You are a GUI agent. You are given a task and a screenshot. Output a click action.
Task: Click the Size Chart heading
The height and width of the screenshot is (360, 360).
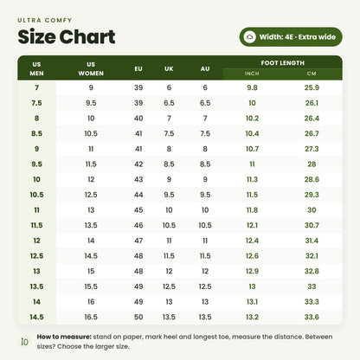67,37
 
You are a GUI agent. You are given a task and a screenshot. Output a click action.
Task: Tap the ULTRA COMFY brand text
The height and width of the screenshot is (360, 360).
45,20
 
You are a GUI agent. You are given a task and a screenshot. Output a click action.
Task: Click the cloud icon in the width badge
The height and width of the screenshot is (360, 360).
249,37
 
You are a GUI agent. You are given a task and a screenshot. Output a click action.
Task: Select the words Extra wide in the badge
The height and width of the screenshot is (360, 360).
317,37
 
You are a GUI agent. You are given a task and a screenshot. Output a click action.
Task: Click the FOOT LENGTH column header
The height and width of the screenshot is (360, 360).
283,63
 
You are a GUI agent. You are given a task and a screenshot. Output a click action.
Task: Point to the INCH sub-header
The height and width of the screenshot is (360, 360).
252,74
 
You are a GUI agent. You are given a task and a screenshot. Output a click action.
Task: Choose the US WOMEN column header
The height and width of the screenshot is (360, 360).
91,68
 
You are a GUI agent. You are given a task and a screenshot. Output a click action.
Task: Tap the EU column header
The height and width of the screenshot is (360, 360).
138,69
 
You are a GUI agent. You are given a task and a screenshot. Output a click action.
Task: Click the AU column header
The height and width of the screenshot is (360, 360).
205,69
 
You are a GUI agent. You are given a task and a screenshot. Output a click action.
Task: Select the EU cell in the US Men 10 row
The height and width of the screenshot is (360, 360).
138,179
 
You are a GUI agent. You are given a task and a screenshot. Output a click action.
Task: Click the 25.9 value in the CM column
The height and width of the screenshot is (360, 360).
312,87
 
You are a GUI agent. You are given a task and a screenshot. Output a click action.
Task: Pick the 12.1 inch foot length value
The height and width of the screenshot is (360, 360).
252,225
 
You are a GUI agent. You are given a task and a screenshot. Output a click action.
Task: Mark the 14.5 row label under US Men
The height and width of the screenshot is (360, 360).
36,317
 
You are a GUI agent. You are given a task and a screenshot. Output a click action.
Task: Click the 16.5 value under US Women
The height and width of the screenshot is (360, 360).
91,317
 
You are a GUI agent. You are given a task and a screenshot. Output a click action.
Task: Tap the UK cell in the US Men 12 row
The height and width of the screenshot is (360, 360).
169,241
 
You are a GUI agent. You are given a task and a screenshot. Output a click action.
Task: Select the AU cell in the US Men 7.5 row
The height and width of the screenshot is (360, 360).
205,103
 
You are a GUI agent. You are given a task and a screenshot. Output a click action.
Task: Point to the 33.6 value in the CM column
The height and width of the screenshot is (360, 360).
312,317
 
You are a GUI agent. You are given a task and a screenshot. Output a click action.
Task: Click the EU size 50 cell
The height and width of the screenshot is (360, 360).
138,317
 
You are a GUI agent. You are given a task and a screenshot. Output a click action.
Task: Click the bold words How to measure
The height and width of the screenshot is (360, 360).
64,337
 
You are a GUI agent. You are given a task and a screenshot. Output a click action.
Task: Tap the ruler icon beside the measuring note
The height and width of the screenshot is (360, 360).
25,342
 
